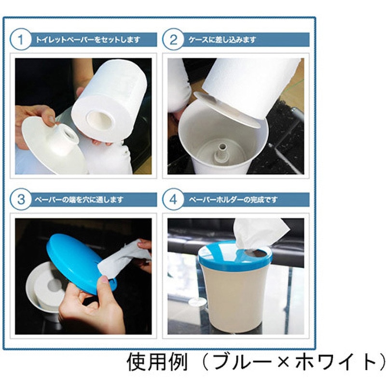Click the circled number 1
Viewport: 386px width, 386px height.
[x=20, y=40]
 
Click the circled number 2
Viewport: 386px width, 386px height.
[x=173, y=40]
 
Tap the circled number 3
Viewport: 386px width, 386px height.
[x=20, y=199]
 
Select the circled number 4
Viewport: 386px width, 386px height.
[x=173, y=199]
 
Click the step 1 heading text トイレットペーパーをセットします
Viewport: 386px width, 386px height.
[x=88, y=40]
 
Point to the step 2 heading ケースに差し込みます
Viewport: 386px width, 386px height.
[x=222, y=40]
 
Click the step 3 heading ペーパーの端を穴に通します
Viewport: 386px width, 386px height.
[x=79, y=200]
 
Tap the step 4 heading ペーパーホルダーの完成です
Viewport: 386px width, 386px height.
[x=233, y=200]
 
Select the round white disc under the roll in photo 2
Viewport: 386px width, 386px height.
[x=227, y=110]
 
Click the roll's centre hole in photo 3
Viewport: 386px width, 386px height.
[x=55, y=285]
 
